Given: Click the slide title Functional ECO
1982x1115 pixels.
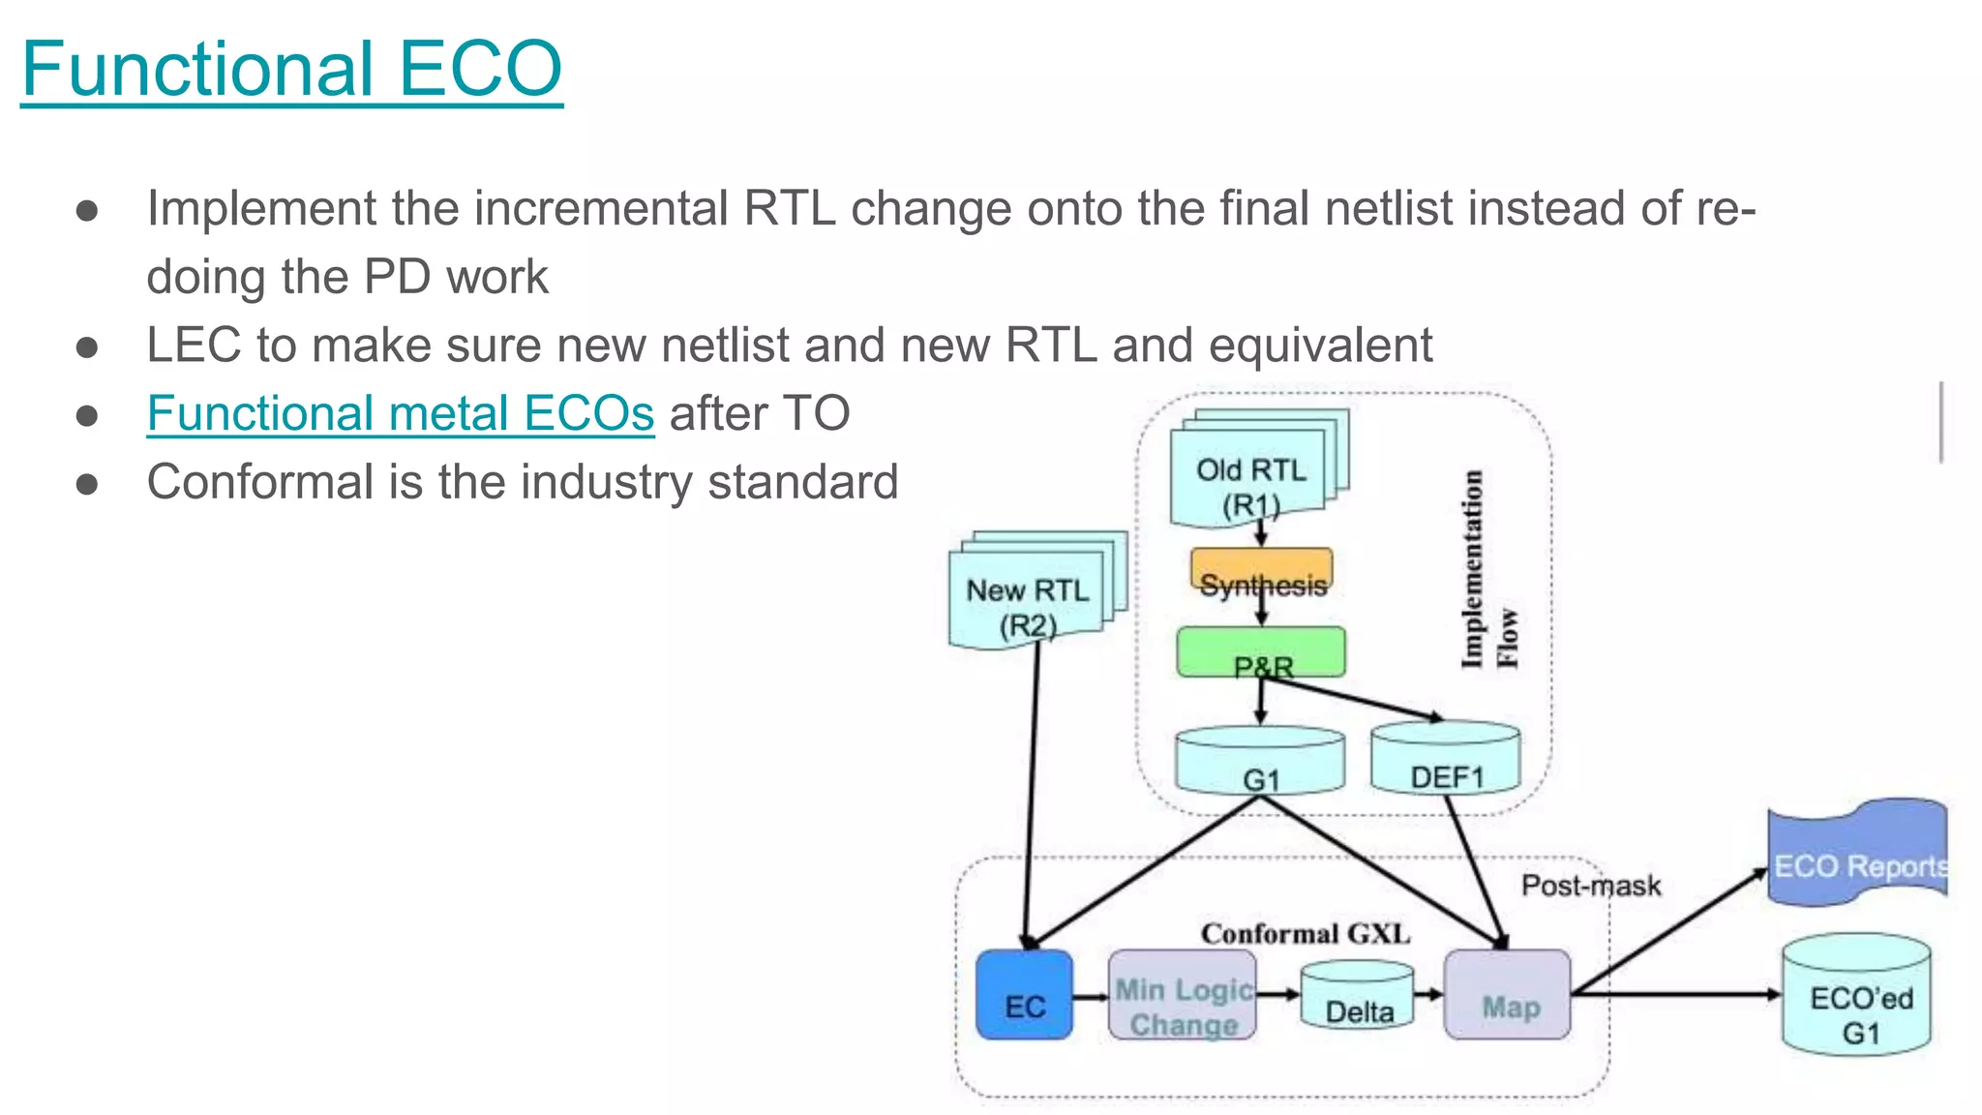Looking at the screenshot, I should (x=291, y=69).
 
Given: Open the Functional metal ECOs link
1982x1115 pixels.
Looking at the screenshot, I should (x=400, y=413).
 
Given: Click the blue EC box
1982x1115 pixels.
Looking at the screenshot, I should (x=1024, y=996).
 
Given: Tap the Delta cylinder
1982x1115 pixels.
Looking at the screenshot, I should (x=1357, y=997).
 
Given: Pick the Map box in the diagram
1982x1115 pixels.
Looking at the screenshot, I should (x=1507, y=996).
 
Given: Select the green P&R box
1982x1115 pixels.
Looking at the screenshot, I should (x=1261, y=652).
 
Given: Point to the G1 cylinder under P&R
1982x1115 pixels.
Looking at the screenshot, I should (x=1260, y=763).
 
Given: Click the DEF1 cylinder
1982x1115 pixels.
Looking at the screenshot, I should (x=1446, y=761).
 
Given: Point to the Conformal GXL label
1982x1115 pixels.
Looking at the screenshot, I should (x=1305, y=934).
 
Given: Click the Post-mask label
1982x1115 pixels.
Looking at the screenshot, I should (x=1590, y=885).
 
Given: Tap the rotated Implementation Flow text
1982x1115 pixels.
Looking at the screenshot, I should (x=1487, y=571).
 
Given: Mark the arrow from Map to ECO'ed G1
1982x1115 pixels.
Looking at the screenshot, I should (x=1674, y=994).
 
